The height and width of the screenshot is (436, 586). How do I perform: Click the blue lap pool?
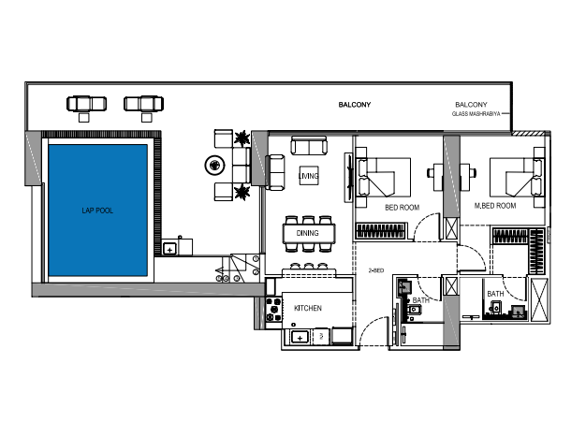[98, 211]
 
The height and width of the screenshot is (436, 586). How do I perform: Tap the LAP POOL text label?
[97, 211]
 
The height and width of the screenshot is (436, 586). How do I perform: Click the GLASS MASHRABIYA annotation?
[476, 113]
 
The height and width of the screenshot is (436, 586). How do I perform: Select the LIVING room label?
[309, 176]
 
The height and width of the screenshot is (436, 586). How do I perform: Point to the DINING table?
[309, 233]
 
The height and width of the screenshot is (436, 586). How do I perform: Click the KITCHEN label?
[308, 308]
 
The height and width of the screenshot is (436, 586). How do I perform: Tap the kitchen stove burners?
[273, 310]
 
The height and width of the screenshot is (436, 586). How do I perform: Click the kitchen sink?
[300, 338]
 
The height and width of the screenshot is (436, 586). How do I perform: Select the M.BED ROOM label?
[495, 206]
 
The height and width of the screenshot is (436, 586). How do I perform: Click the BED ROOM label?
[403, 208]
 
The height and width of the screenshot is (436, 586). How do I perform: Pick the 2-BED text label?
[376, 270]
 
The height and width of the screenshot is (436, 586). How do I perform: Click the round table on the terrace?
[215, 165]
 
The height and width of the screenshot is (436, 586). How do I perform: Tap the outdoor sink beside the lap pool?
[170, 249]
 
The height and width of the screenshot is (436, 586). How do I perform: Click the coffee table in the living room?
[309, 176]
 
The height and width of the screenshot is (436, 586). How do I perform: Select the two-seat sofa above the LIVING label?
[309, 146]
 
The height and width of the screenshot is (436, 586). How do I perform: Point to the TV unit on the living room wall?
[348, 178]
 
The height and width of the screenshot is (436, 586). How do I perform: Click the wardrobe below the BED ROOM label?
[381, 230]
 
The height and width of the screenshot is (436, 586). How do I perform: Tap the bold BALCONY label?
[355, 105]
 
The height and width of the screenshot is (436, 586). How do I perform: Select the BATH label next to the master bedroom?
[495, 294]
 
